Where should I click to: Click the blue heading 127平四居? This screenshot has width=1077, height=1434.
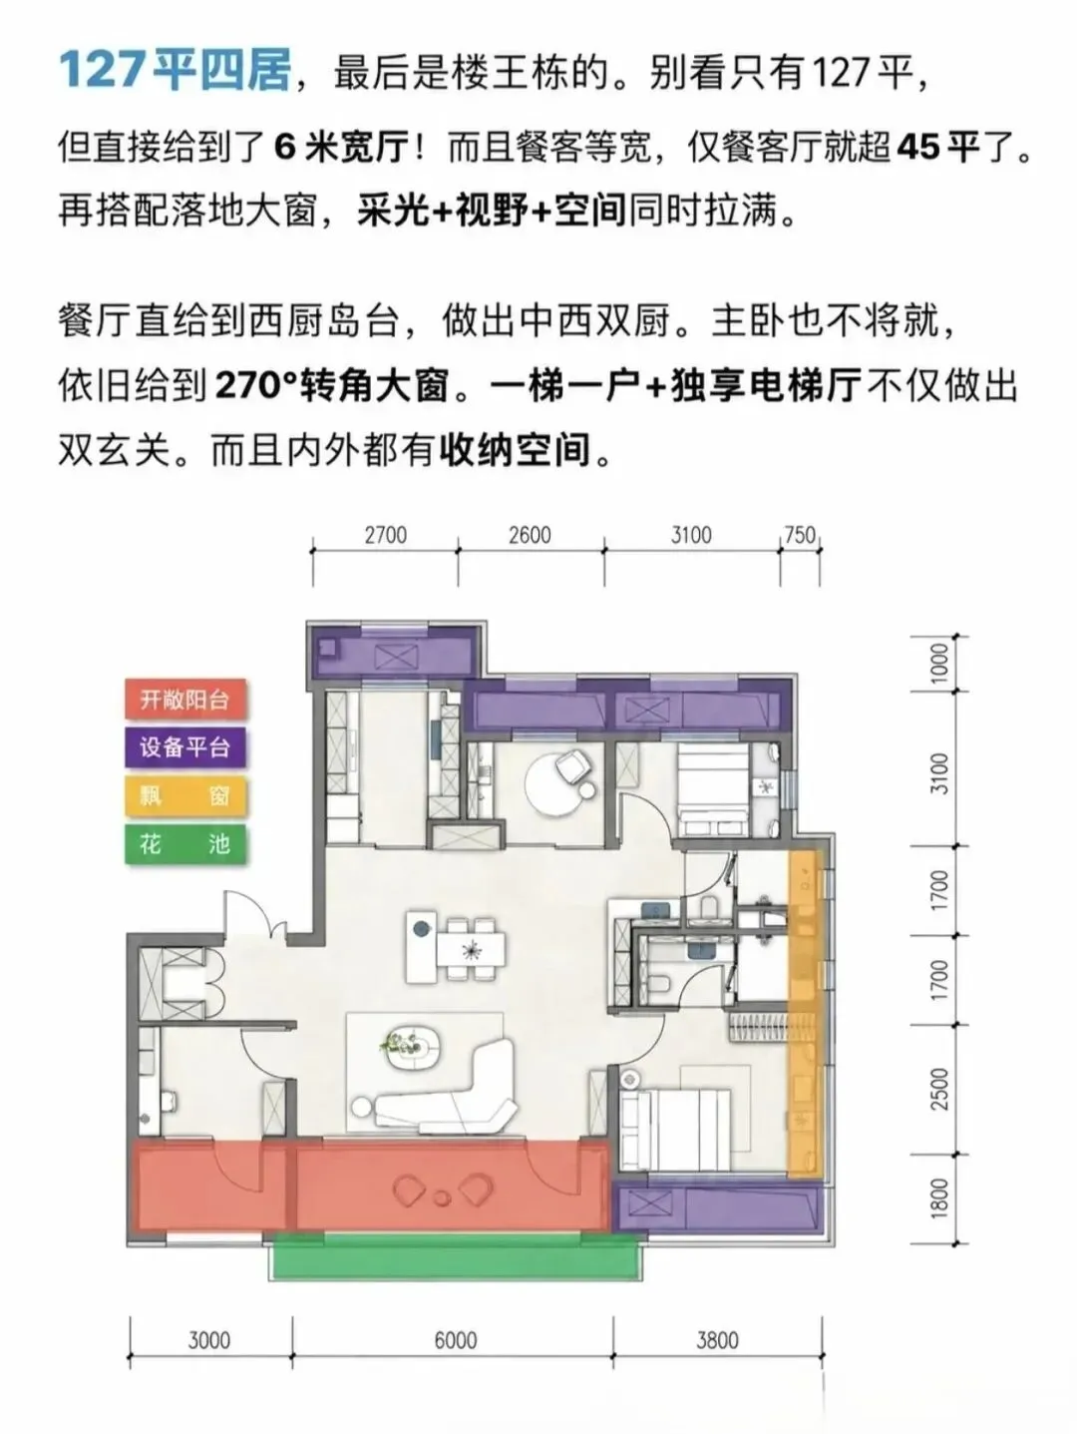[175, 71]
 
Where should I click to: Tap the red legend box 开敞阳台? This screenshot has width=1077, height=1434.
[185, 701]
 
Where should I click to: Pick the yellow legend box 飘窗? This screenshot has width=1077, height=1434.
[185, 796]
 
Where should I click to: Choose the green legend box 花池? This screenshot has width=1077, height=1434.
[185, 844]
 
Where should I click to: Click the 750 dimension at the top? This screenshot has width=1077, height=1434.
[800, 535]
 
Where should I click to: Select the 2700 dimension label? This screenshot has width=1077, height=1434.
[386, 535]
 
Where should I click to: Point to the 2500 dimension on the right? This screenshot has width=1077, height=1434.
[939, 1089]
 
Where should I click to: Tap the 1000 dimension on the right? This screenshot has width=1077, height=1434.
[939, 663]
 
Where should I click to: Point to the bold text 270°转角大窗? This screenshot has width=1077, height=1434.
[332, 387]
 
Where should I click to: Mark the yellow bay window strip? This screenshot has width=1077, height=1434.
[804, 1011]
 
